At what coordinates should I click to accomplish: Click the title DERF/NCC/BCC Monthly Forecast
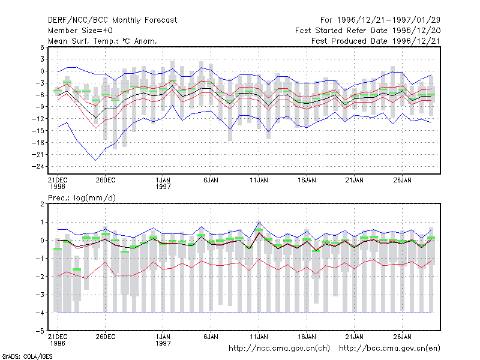[x=112, y=20]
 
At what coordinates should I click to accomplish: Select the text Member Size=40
[x=80, y=31]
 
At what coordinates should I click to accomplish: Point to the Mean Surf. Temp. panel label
[x=102, y=41]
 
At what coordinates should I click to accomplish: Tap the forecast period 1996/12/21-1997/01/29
[x=380, y=20]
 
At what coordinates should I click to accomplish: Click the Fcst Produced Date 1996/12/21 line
[x=376, y=41]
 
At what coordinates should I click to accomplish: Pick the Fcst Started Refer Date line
[x=368, y=31]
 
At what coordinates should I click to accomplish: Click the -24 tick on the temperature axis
[x=38, y=167]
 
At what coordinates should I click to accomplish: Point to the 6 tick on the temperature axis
[x=42, y=47]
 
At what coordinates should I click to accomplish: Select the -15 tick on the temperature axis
[x=38, y=131]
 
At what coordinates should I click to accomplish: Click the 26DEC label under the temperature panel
[x=106, y=180]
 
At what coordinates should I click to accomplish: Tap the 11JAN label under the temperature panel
[x=259, y=180]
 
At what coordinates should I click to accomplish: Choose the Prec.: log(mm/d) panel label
[x=82, y=198]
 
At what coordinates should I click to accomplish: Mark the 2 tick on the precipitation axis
[x=42, y=204]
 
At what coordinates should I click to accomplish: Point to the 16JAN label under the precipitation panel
[x=307, y=337]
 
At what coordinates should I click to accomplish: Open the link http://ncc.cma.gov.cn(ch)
[x=279, y=349]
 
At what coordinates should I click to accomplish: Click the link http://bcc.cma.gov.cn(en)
[x=389, y=349]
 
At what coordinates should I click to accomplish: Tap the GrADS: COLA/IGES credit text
[x=27, y=356]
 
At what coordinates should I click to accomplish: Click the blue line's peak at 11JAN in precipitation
[x=259, y=222]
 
